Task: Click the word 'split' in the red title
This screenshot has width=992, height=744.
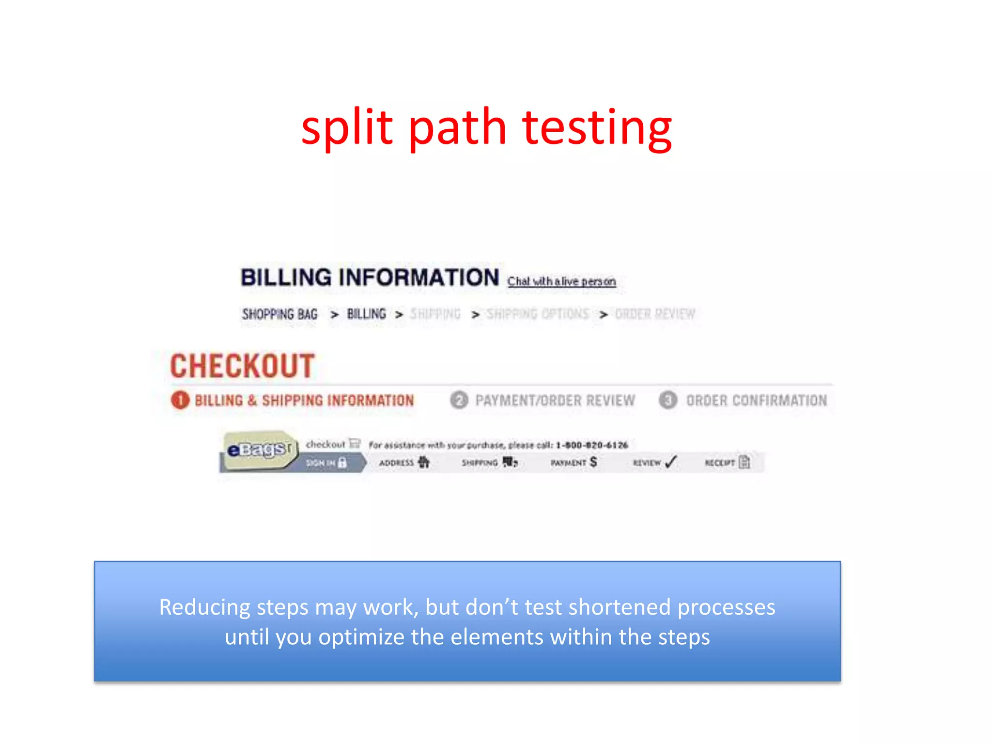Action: tap(346, 127)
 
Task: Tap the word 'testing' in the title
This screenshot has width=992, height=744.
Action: tap(597, 128)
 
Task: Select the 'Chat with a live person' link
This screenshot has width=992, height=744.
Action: tap(561, 281)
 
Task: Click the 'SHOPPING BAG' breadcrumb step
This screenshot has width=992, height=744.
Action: tap(280, 314)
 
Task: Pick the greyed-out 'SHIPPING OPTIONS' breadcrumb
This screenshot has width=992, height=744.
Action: tap(538, 314)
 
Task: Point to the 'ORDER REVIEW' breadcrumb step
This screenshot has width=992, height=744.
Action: tap(655, 314)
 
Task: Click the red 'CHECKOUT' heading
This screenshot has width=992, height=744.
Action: tap(242, 366)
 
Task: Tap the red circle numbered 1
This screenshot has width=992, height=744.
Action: tap(180, 400)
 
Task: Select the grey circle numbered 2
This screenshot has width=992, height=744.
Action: tap(459, 400)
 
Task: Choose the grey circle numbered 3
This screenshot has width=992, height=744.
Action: tap(668, 400)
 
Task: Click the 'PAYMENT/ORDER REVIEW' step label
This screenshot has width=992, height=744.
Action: tap(555, 401)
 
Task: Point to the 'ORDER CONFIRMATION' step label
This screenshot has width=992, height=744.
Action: tap(757, 401)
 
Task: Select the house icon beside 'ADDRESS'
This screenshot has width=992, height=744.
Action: tap(424, 462)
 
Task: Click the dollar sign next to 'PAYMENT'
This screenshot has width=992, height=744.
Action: tap(593, 462)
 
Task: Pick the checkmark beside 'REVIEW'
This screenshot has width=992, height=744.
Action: tap(671, 462)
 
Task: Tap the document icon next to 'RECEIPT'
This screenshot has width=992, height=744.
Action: tap(744, 462)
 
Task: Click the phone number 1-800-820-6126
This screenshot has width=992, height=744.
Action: tap(592, 445)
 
